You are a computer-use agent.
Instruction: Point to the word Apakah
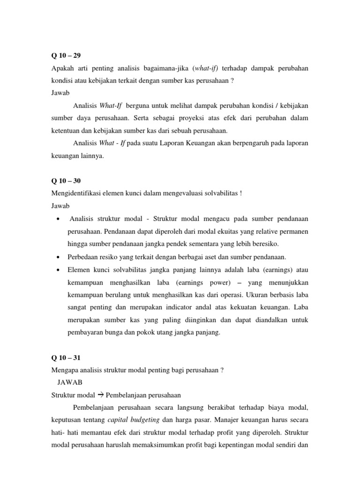pos(62,68)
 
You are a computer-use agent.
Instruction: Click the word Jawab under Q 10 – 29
pos(60,93)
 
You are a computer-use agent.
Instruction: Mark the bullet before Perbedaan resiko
pos(57,257)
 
